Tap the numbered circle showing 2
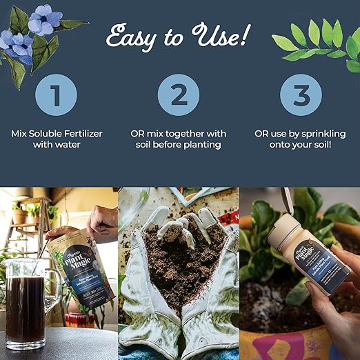(x=179, y=94)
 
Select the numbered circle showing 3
(x=300, y=94)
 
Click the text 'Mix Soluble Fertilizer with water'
(x=58, y=139)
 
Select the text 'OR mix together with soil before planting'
(x=179, y=139)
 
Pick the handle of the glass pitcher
(x=53, y=290)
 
